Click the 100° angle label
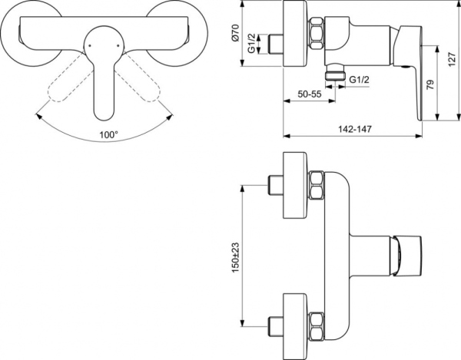pos(109,134)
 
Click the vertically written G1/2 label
pos(263,44)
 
